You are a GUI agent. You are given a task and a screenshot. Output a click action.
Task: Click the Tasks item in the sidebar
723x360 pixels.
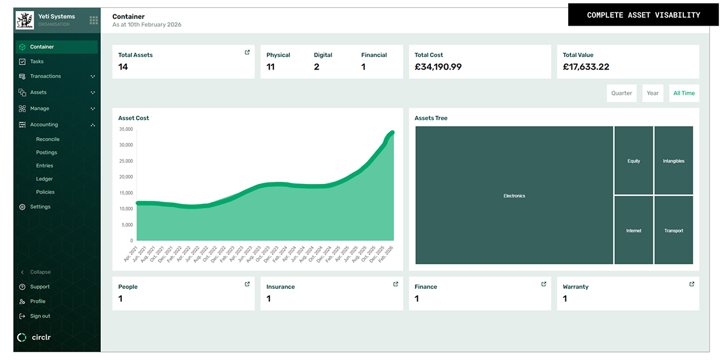pos(36,62)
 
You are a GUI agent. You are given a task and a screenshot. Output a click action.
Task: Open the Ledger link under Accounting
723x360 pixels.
pos(44,179)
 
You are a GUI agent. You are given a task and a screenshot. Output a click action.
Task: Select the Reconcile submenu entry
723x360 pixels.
pos(48,139)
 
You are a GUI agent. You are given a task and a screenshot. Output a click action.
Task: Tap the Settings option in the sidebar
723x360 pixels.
pos(40,207)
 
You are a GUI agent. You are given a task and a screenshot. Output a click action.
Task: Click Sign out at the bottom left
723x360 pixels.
pos(40,316)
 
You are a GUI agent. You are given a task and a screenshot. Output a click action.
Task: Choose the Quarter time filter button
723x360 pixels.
pos(621,93)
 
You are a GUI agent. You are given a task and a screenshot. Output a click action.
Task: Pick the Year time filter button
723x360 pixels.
pos(652,93)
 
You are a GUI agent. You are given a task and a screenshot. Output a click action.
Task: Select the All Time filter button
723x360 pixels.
pos(684,93)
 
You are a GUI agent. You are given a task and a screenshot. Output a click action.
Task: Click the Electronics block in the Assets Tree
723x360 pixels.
pos(514,195)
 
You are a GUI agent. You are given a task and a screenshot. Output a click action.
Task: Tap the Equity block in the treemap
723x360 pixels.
pos(634,161)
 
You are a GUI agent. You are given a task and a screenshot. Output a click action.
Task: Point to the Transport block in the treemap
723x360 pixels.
pos(673,230)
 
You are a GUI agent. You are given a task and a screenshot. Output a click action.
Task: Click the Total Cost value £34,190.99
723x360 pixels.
pos(438,67)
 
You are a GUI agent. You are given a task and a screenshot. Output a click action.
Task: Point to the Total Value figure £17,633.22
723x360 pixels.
pos(586,67)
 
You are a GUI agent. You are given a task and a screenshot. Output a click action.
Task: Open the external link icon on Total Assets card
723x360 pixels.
pos(247,52)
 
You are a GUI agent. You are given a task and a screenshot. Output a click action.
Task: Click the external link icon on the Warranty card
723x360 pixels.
pos(692,284)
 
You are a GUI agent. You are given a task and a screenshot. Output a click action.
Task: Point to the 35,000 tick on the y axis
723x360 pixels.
pos(126,129)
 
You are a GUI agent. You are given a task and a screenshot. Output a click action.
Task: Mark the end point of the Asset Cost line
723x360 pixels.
pos(392,133)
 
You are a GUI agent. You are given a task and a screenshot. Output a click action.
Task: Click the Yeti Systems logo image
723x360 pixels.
pos(25,21)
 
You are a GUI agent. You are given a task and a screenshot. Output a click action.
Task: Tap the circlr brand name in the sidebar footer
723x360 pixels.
pos(41,337)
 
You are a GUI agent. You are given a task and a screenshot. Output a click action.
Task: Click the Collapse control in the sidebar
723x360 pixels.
pos(40,272)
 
